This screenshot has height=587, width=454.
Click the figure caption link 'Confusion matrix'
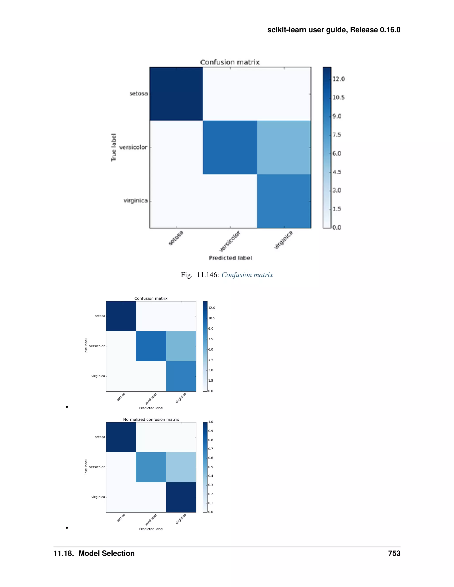(247, 275)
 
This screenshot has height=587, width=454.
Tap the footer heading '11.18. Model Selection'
(94, 553)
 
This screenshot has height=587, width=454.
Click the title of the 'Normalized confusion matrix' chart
(151, 419)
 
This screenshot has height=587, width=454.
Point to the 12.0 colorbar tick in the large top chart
(338, 79)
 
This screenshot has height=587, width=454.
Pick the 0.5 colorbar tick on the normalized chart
(211, 467)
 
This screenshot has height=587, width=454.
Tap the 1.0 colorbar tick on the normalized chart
(211, 422)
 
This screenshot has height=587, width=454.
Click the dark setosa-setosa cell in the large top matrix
(176, 94)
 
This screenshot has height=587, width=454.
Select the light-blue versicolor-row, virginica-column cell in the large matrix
(284, 148)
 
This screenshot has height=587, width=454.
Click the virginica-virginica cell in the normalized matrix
(181, 497)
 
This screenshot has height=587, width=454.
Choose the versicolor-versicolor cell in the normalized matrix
(151, 467)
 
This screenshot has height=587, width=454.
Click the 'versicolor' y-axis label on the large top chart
(133, 147)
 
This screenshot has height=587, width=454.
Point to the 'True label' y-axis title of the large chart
(113, 147)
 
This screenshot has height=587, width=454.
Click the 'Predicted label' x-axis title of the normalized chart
(151, 529)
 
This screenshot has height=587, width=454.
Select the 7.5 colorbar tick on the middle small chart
(211, 339)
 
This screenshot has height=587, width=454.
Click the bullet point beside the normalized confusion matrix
(67, 528)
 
